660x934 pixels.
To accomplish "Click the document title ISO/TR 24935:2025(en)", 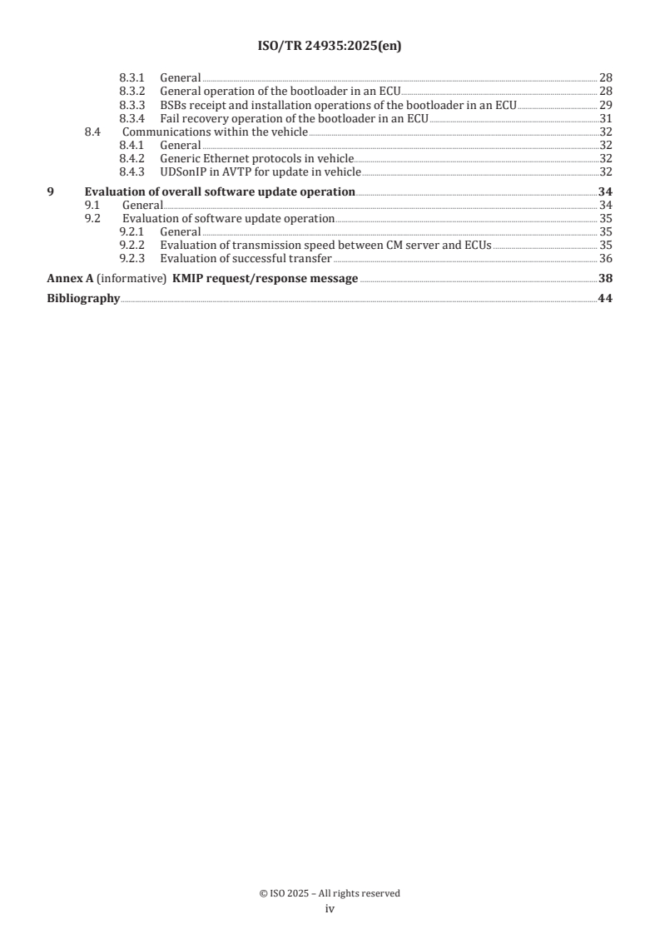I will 330,47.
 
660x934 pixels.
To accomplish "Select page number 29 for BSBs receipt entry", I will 605,104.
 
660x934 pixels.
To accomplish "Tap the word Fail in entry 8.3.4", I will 170,118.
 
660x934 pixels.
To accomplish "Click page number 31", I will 605,118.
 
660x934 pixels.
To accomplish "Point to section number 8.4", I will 94,132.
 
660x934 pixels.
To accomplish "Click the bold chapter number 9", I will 51,191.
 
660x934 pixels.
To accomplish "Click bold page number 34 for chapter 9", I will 605,191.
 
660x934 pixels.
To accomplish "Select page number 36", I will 605,259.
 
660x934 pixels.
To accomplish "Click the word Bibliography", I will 83,298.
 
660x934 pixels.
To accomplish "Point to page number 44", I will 605,298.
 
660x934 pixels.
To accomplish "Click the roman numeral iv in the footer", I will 330,910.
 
